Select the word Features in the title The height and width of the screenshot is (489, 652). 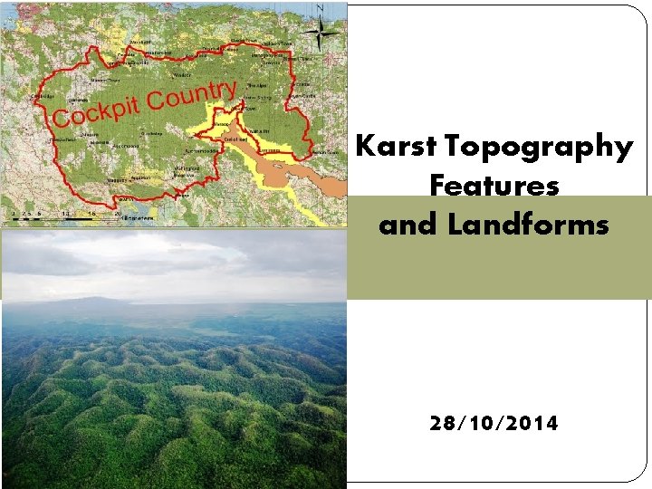[x=494, y=186]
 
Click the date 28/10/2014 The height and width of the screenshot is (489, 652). [x=494, y=423]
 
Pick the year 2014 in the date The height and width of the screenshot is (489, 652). [x=532, y=423]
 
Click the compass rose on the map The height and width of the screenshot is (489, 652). [x=320, y=33]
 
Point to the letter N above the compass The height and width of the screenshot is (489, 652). [x=320, y=8]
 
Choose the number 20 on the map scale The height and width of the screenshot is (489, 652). [x=119, y=213]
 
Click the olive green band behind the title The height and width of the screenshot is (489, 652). [x=498, y=272]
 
